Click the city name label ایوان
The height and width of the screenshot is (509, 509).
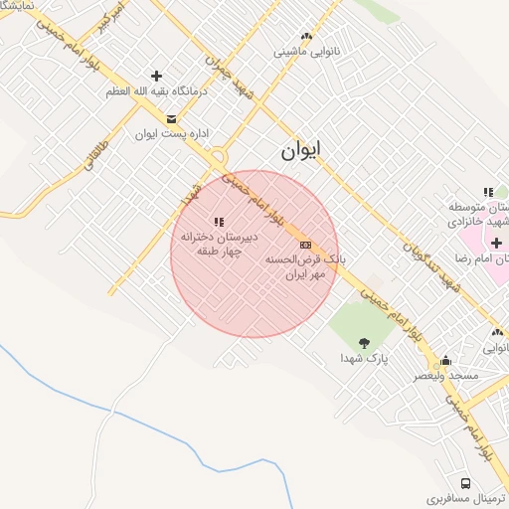click(x=302, y=151)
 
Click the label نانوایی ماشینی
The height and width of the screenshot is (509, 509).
click(x=305, y=49)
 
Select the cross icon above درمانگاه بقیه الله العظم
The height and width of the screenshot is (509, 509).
click(x=156, y=76)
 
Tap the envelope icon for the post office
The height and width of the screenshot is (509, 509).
click(x=172, y=120)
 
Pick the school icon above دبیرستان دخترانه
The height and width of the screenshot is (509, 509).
click(x=219, y=221)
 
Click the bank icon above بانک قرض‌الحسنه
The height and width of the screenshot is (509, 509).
click(x=305, y=244)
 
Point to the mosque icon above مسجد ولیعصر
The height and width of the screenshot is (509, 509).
click(x=445, y=361)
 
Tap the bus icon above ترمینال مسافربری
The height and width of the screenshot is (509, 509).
click(x=466, y=482)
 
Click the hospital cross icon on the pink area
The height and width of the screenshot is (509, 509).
click(x=496, y=244)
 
